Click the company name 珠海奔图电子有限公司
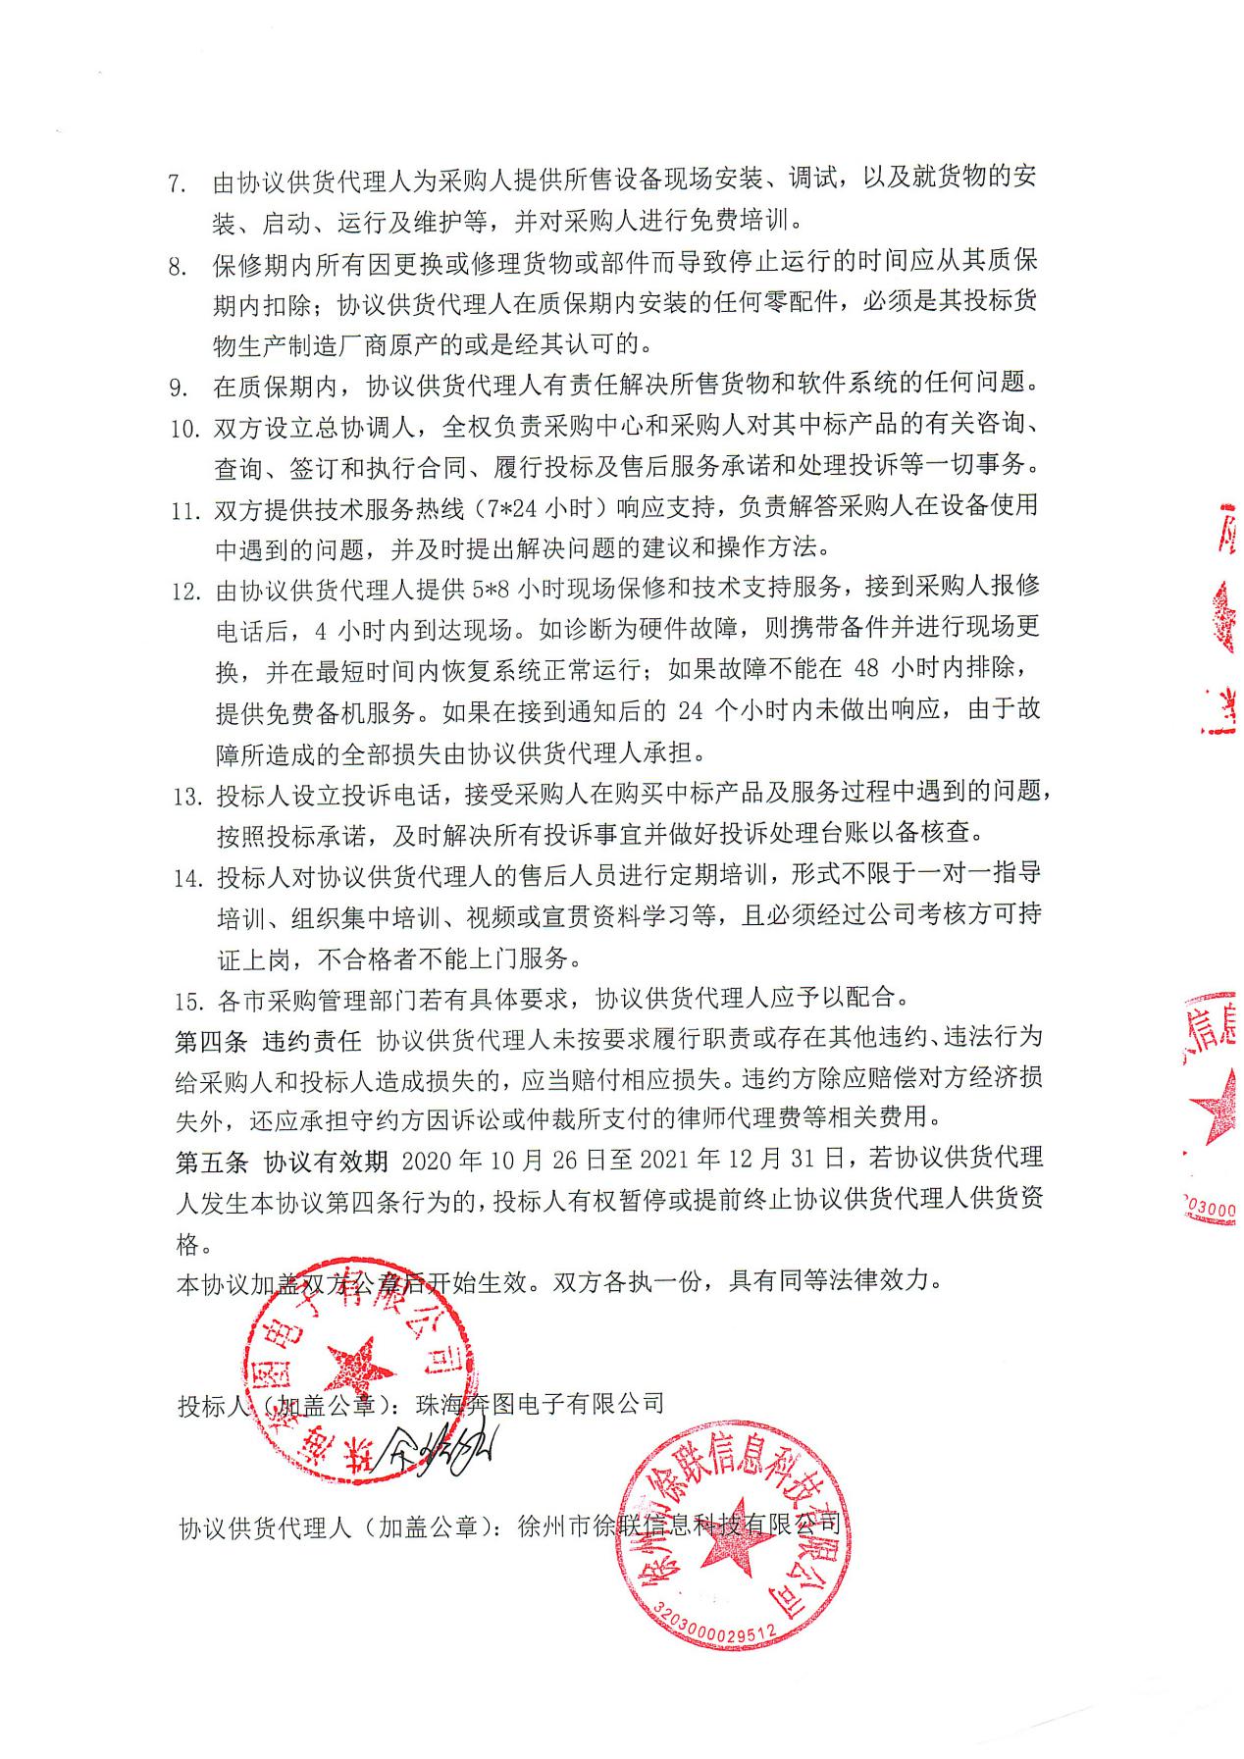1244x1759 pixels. coord(540,1404)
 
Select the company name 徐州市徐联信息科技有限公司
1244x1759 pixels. coord(665,1526)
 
